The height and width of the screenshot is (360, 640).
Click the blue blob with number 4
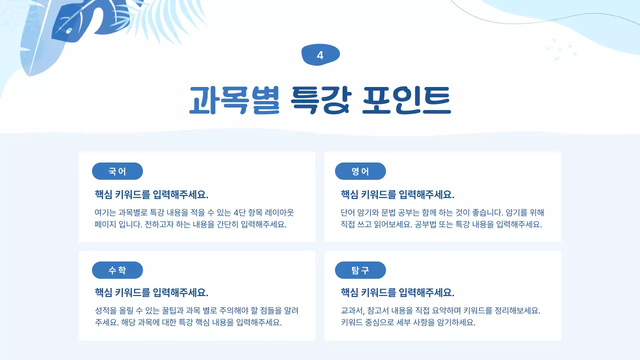click(x=320, y=55)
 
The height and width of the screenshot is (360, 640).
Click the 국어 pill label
click(x=117, y=171)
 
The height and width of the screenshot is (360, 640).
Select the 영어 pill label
click(x=360, y=171)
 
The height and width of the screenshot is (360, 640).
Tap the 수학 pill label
click(x=117, y=270)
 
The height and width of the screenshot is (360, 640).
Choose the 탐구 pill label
click(x=360, y=270)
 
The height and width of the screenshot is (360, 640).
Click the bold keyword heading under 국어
click(x=151, y=194)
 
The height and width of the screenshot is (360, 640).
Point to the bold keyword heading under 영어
click(x=397, y=194)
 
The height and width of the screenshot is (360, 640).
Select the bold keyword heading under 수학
click(x=151, y=292)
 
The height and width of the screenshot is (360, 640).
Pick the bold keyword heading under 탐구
click(x=397, y=292)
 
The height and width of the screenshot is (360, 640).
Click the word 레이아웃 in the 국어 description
click(x=282, y=212)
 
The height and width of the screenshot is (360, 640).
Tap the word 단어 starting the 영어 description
click(x=348, y=212)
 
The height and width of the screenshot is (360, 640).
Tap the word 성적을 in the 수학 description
click(x=105, y=310)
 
